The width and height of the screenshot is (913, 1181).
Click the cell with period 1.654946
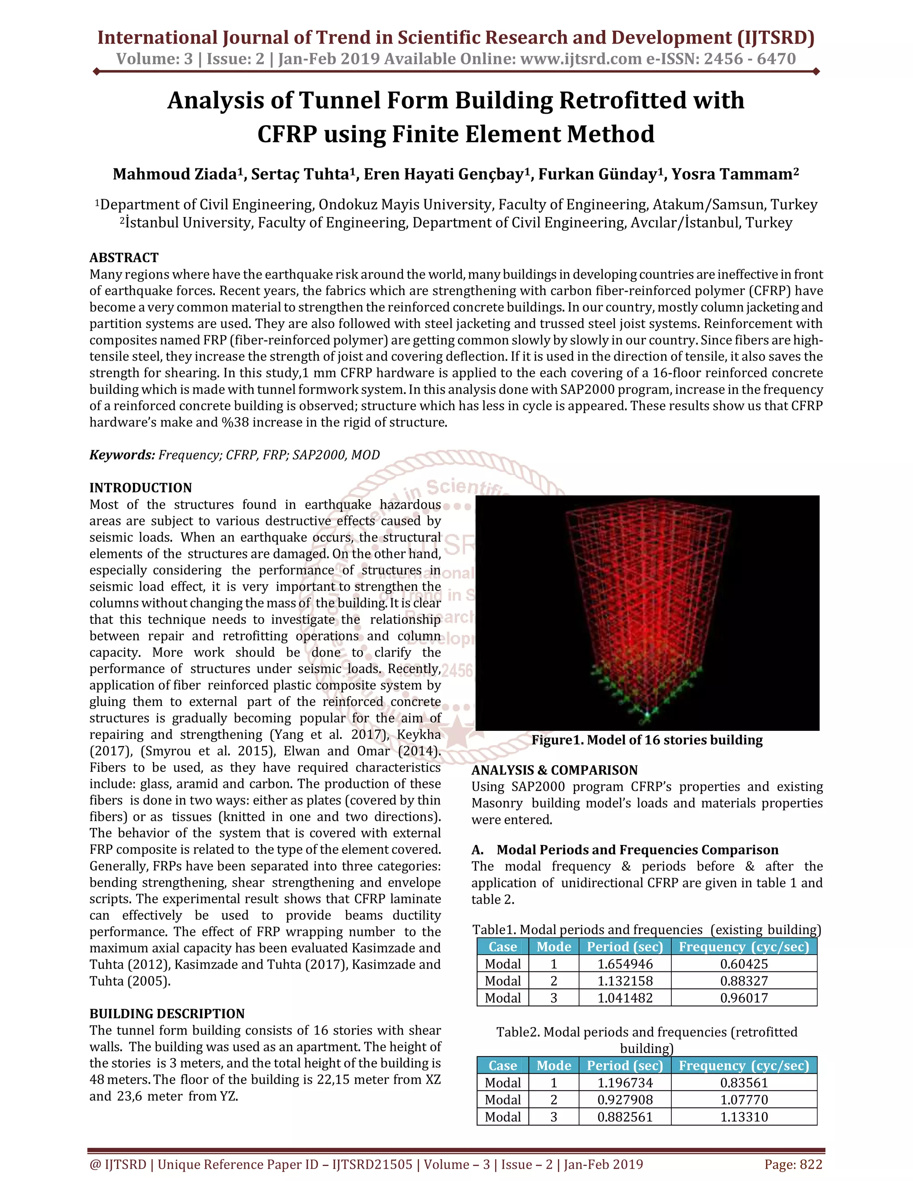625,964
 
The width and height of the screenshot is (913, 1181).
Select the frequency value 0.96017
744,998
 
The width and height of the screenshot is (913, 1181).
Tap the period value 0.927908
625,1099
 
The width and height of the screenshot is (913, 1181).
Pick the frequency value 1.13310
744,1117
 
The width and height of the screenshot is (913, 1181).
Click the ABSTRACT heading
124,258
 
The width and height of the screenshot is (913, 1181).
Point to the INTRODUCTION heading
140,488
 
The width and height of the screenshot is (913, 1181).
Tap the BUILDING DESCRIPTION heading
167,1013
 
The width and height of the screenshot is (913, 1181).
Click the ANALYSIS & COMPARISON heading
555,770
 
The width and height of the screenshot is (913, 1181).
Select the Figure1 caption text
647,740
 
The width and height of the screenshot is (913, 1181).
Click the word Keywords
122,455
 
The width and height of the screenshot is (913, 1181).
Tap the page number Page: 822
793,1164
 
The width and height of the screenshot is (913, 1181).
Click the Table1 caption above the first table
646,930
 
